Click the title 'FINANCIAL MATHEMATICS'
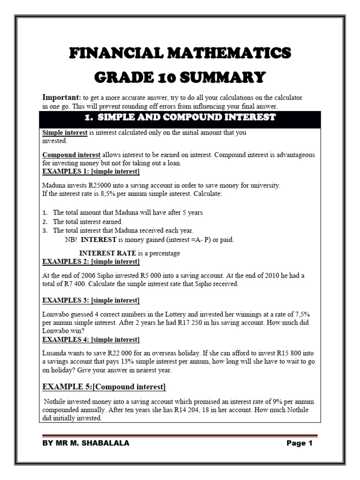coord(180,52)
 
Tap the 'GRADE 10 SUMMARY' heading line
coord(180,76)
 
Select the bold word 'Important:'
coord(62,97)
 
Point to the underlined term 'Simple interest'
coord(65,133)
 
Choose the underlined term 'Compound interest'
coord(71,155)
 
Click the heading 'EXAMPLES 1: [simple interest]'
coord(90,172)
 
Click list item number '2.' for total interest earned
coord(45,221)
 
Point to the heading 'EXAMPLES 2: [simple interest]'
coord(90,261)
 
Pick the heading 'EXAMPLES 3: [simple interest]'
coord(90,300)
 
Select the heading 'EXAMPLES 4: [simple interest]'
coord(90,339)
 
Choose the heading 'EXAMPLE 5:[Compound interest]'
coord(104,387)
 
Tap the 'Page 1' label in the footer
coord(299,443)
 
